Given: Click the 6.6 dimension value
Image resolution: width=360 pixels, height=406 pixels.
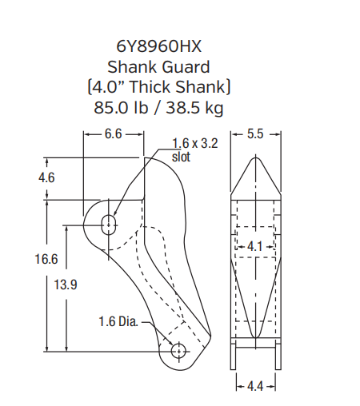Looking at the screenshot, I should pos(113,134).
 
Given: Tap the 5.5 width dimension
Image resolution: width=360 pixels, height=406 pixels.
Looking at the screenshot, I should pos(255,134).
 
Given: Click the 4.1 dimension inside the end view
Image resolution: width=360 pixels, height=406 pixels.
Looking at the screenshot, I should pos(255,247).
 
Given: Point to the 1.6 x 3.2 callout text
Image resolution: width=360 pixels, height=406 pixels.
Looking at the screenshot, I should pos(195,144).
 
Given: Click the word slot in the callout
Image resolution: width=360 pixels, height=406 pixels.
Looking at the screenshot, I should pos(182,156).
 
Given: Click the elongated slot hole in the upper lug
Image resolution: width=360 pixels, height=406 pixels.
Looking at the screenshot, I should pos(108,221).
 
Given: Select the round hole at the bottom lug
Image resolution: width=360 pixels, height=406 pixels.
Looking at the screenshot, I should pos(178,351).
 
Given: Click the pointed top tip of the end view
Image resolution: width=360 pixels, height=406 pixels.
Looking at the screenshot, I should pos(255,157).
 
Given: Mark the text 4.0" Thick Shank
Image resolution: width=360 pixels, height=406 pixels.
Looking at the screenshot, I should pos(175,86).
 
